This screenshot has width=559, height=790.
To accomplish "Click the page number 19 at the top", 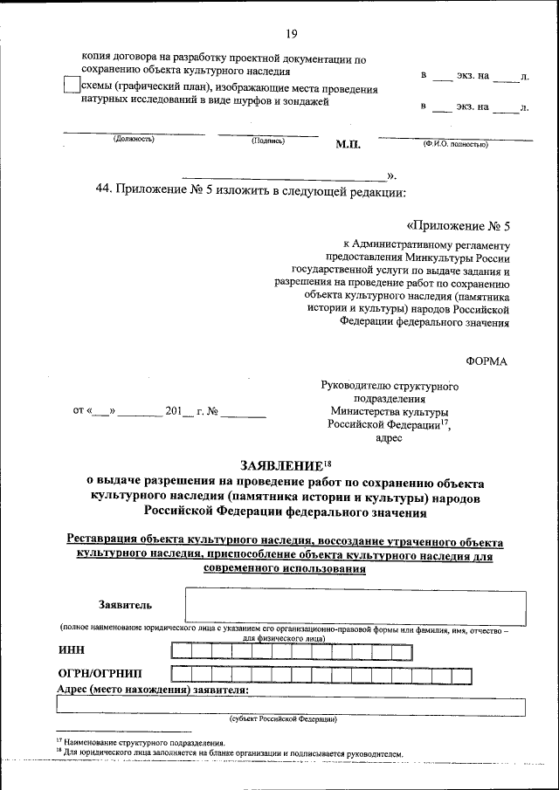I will pos(291,34).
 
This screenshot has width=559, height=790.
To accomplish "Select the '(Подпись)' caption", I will pos(267,140).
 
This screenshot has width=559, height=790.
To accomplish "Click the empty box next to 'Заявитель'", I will pos(355,608).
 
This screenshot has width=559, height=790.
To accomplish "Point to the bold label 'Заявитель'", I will pos(126,604).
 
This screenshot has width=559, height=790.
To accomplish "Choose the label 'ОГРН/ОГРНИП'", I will pos(101,674).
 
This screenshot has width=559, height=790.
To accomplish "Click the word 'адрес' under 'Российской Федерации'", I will pos(389,437).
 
